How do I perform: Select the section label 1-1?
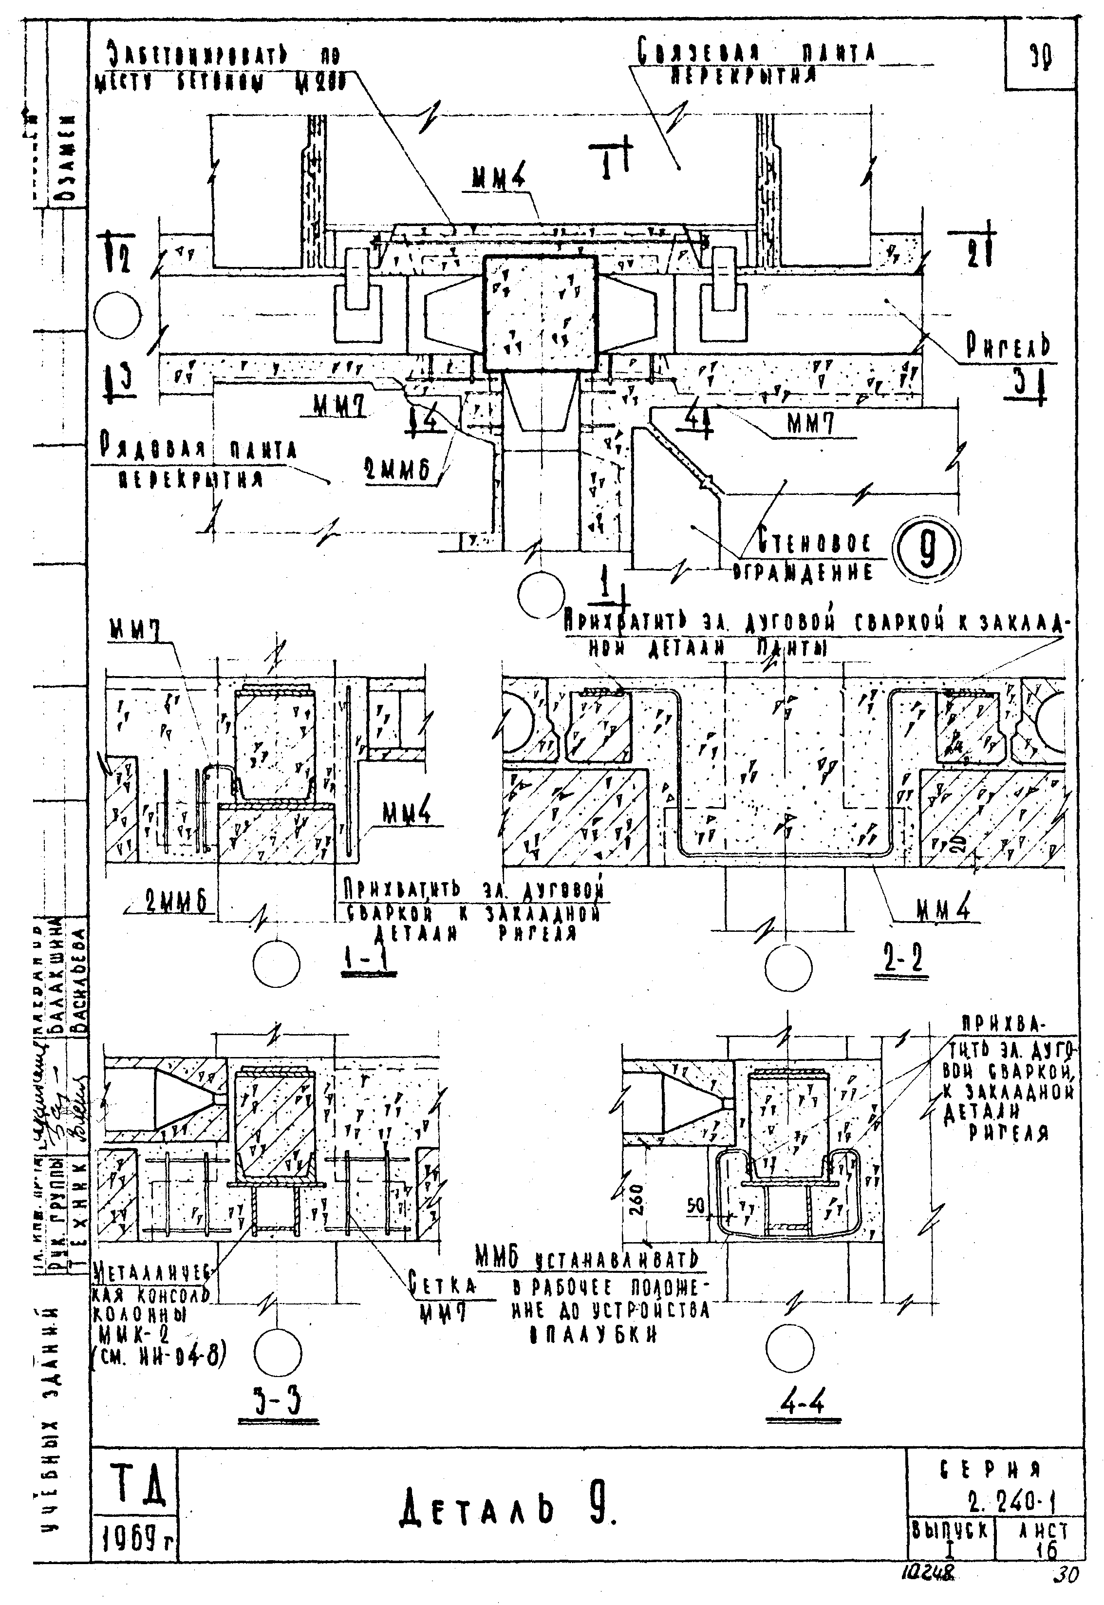tap(369, 960)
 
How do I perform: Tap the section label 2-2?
tap(904, 960)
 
